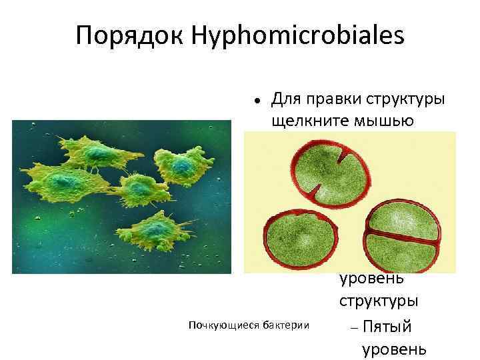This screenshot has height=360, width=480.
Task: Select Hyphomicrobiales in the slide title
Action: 296,36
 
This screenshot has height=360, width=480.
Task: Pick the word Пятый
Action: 388,327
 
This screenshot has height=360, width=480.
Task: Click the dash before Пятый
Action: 353,327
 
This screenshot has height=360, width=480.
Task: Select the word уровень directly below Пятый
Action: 393,349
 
